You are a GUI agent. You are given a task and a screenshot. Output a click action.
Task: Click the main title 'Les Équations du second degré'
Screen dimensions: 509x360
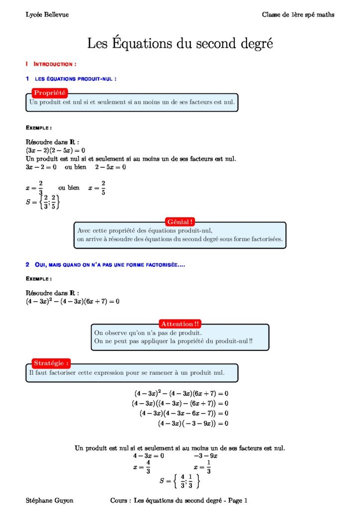(180, 43)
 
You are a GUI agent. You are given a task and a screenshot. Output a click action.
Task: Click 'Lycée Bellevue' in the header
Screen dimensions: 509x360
(47, 15)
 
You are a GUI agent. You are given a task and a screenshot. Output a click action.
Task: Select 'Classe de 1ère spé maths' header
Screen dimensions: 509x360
(298, 15)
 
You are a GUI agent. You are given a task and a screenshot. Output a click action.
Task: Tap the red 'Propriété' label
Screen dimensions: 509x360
(49, 92)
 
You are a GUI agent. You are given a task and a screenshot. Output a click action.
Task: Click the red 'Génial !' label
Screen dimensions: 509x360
(180, 222)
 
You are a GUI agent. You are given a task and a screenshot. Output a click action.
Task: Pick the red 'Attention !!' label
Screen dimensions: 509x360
(180, 324)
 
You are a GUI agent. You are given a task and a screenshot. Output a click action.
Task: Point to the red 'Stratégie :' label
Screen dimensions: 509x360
(51, 363)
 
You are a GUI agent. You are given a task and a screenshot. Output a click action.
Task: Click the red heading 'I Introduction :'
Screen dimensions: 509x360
(51, 64)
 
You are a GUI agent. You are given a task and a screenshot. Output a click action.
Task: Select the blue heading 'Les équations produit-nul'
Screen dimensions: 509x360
(75, 79)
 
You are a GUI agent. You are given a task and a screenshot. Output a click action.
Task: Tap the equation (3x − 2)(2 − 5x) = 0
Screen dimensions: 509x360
(56, 150)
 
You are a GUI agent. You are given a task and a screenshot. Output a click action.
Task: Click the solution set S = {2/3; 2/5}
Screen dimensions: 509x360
(43, 202)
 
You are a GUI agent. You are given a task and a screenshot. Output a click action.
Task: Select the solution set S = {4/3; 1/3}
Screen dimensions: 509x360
(180, 481)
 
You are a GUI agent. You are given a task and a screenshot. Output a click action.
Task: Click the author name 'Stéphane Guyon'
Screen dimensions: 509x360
(49, 500)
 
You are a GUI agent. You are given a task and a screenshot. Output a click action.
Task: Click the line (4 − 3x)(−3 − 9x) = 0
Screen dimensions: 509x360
(193, 424)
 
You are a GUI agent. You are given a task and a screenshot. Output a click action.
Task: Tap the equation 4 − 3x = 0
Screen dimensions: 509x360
(148, 456)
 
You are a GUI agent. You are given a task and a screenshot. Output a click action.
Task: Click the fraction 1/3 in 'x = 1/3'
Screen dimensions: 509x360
(209, 468)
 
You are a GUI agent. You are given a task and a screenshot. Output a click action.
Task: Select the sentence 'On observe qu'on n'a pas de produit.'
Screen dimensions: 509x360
(148, 333)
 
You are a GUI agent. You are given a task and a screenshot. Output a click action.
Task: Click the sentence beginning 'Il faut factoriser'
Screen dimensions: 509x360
(127, 372)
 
